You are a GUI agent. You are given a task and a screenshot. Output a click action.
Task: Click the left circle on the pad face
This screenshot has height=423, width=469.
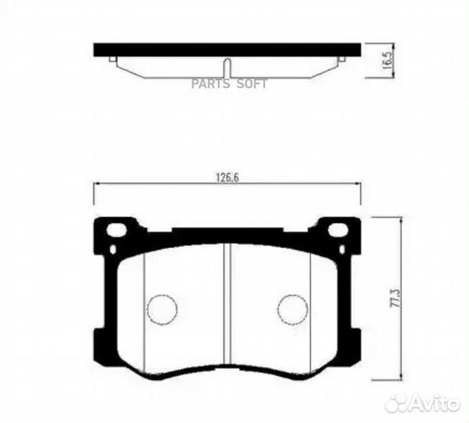tap(162, 307)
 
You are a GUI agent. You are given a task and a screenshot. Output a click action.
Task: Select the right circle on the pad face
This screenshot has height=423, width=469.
tap(292, 307)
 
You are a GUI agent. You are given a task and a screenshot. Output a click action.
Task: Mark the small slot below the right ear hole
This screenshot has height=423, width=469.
tap(341, 248)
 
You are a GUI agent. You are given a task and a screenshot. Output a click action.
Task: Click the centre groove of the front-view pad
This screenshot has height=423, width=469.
tap(227, 305)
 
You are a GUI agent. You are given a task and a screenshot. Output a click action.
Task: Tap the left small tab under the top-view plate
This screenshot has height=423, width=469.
tap(116, 60)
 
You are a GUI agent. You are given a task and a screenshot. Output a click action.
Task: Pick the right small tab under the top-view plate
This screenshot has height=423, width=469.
tap(339, 60)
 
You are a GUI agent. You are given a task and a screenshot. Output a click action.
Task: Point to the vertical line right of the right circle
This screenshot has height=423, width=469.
tap(310, 313)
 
